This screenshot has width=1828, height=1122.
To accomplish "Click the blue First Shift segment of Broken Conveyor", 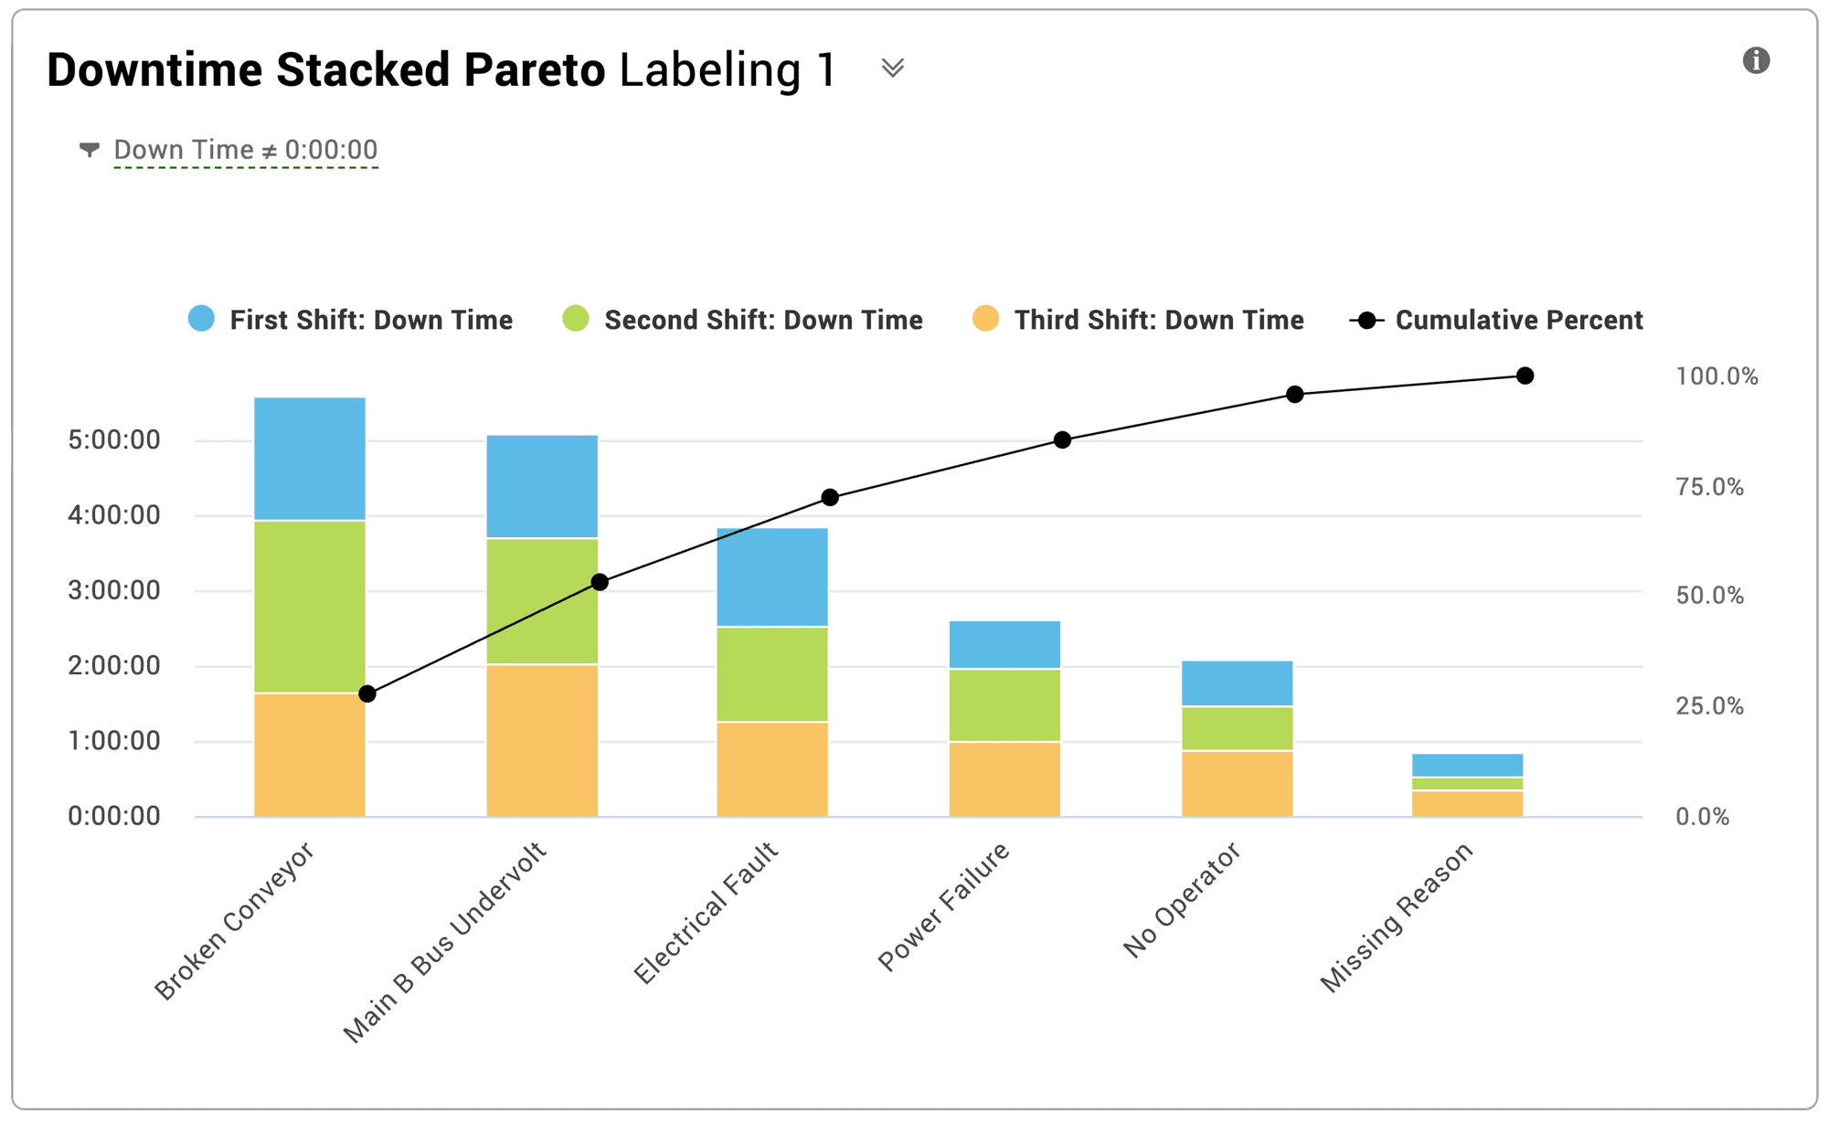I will tap(309, 459).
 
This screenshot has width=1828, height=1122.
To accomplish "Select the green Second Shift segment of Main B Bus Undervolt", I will tap(542, 601).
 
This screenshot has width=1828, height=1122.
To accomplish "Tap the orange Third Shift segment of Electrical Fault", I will tap(772, 769).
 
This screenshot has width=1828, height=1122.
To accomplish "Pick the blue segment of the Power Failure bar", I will tap(1004, 645).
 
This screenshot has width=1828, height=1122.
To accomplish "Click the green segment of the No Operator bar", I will tap(1237, 728).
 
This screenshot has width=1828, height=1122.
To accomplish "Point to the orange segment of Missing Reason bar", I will tap(1467, 803).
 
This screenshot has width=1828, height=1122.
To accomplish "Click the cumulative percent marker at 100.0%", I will tap(1525, 376).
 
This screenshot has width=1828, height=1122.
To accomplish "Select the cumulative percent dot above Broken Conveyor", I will tap(367, 694).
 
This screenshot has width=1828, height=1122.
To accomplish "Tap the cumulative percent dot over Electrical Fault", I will tap(830, 497).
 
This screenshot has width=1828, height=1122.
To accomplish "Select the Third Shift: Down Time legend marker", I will tap(985, 319).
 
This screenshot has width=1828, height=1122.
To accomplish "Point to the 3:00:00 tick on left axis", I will tap(114, 590).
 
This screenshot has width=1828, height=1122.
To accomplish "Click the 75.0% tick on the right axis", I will tap(1709, 486).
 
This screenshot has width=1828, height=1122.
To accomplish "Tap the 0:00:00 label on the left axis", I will tap(114, 816).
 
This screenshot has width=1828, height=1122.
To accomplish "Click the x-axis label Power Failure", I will tap(944, 906).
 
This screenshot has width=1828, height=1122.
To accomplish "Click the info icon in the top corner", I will tap(1756, 60).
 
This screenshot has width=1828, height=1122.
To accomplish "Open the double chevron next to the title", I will tap(892, 69).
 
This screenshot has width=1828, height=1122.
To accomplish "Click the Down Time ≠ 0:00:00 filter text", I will tap(245, 150).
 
